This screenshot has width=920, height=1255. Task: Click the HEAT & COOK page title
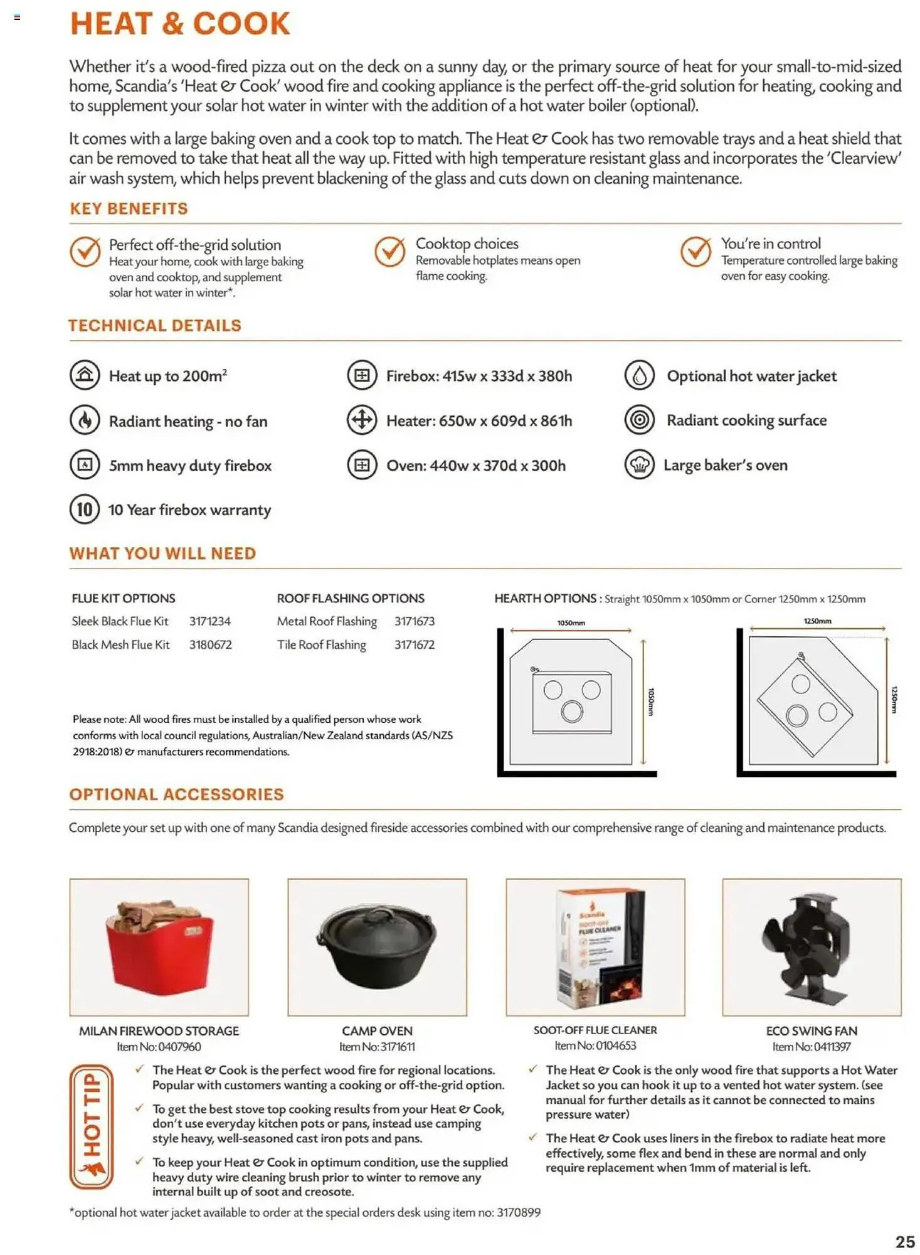point(180,24)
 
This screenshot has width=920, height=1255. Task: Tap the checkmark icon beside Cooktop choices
point(390,252)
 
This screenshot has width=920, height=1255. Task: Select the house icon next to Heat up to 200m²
point(85,375)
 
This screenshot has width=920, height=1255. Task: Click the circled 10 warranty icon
point(85,509)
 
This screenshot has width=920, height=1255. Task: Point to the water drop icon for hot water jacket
point(639,375)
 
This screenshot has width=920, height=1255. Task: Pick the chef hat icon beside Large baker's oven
point(639,465)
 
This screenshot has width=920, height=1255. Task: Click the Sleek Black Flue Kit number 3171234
point(210,621)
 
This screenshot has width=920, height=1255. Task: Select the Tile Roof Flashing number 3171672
point(414,644)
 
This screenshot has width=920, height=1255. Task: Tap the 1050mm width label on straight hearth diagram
point(571,623)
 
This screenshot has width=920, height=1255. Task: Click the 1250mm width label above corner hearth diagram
point(817,621)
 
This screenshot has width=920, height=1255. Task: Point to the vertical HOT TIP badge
point(92,1127)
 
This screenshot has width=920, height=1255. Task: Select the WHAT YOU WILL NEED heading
point(162,553)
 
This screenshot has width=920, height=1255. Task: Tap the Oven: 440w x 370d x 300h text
point(475,466)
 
